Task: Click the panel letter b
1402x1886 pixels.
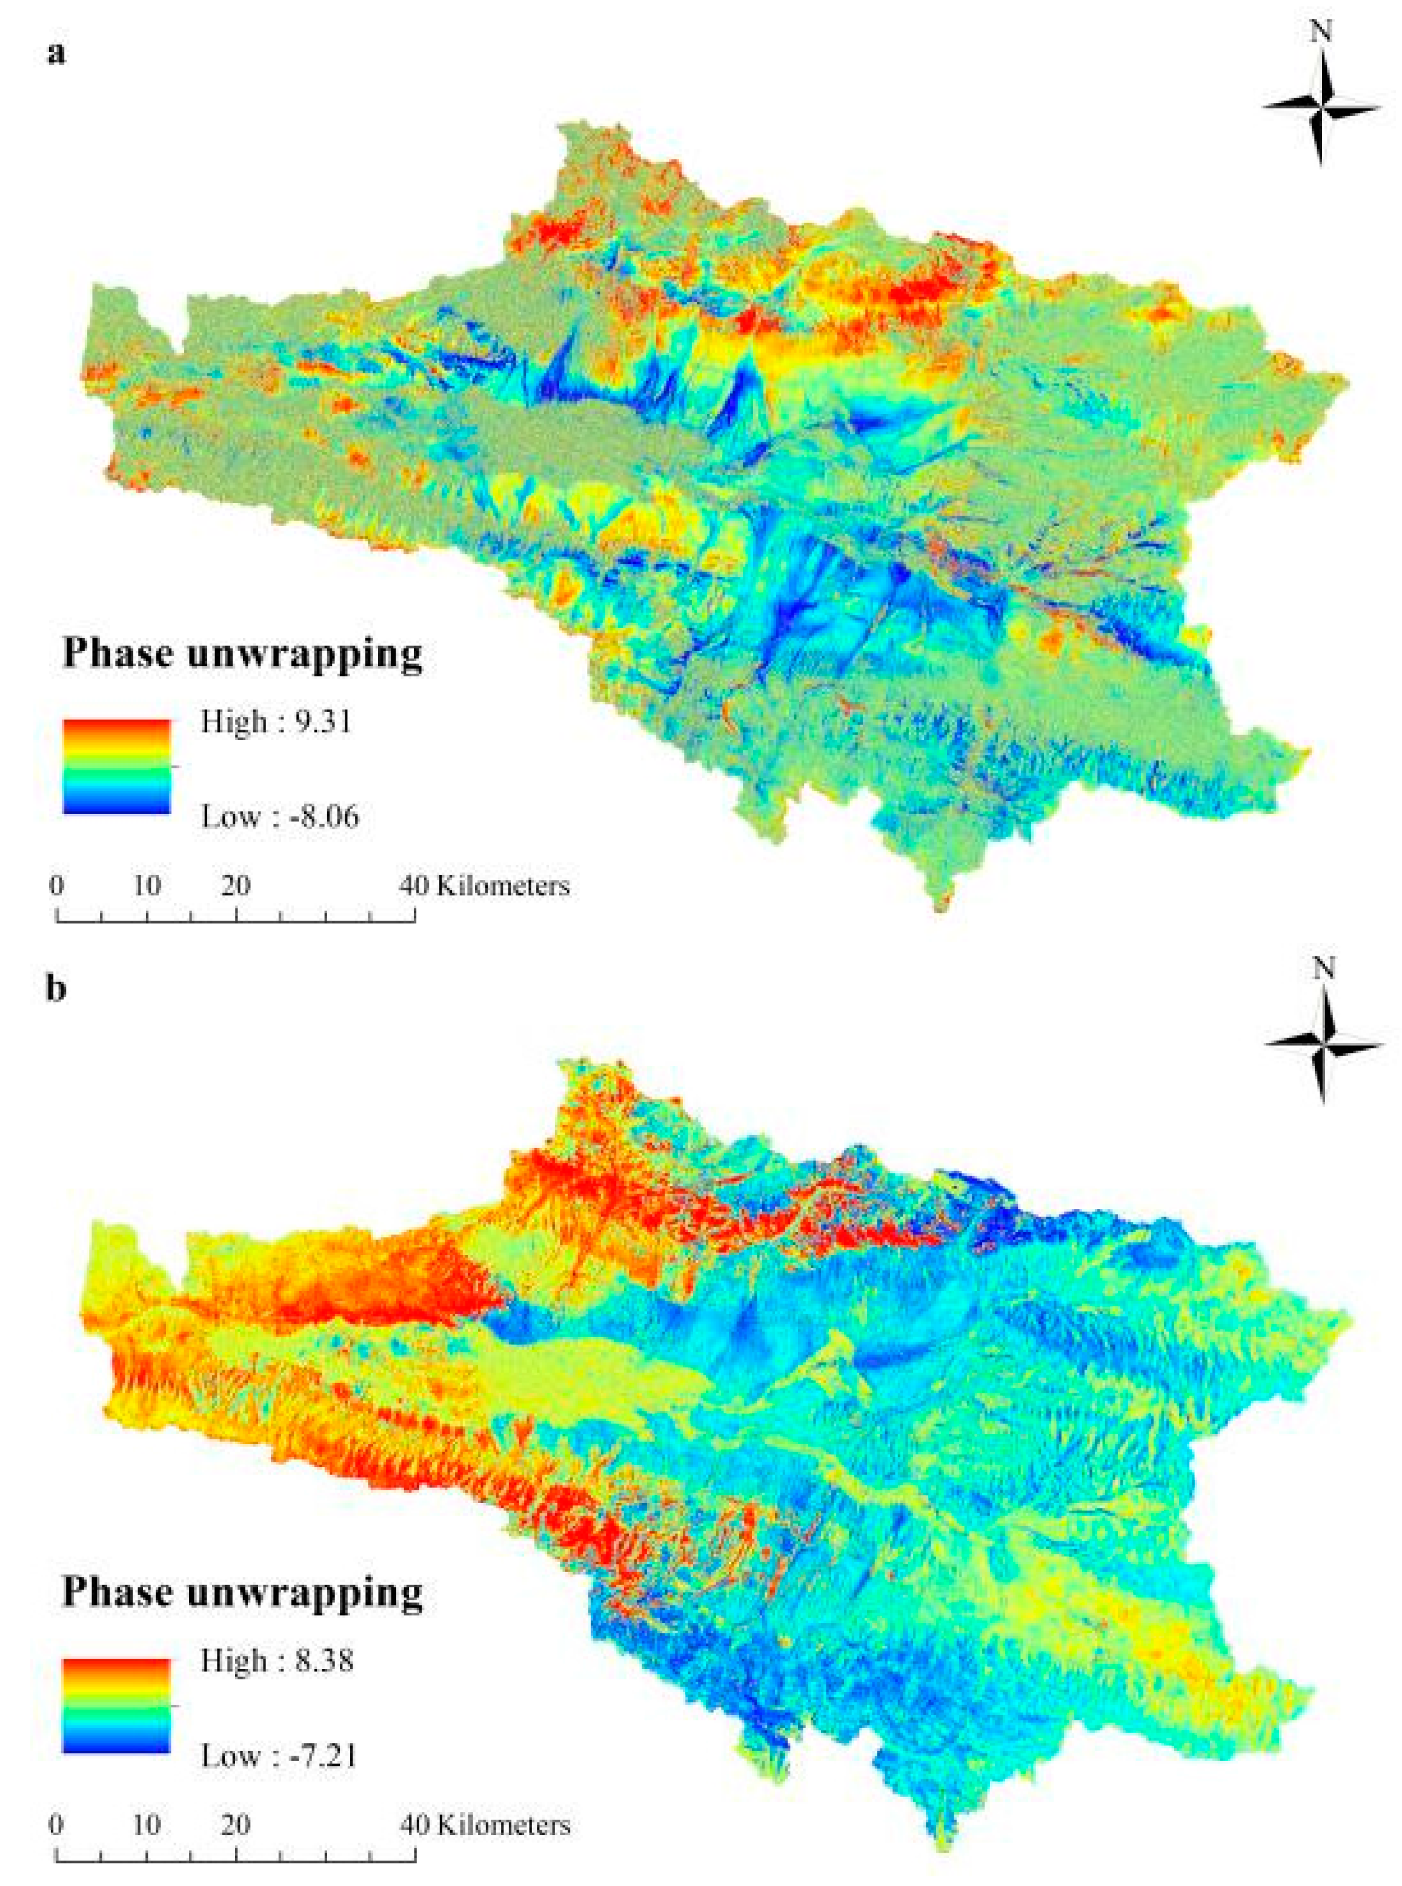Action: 55,990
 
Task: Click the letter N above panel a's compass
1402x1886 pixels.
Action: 1321,32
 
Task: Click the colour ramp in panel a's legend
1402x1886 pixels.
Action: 116,767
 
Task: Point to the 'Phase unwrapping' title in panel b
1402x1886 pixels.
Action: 243,1592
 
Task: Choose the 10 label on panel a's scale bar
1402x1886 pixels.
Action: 147,885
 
